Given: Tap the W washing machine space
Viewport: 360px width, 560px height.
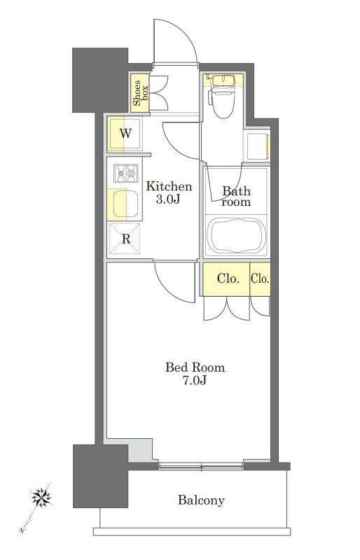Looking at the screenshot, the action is click(125, 134).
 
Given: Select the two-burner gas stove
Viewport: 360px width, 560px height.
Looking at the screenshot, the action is click(126, 173).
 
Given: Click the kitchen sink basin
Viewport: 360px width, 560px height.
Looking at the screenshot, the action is click(125, 204).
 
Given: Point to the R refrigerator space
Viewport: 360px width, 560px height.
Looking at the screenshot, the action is click(125, 239).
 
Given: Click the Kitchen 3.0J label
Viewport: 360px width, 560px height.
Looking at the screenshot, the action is click(169, 192).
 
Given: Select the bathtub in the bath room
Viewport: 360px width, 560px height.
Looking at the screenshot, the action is click(236, 235).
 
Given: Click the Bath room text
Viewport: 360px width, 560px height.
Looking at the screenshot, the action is click(236, 197).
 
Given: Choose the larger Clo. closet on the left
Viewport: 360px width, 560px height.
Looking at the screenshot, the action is click(227, 279).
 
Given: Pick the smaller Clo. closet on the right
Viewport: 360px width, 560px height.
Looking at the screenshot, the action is click(260, 279).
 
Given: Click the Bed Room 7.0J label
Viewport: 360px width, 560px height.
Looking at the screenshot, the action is click(195, 374).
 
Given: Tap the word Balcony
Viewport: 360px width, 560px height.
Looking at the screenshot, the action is click(201, 500).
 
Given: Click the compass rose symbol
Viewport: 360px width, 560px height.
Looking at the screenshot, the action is click(41, 497).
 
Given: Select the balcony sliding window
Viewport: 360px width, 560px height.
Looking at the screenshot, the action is click(201, 465).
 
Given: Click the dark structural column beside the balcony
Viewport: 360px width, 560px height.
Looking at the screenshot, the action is click(100, 476).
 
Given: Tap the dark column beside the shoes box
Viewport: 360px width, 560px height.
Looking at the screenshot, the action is click(100, 80).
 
